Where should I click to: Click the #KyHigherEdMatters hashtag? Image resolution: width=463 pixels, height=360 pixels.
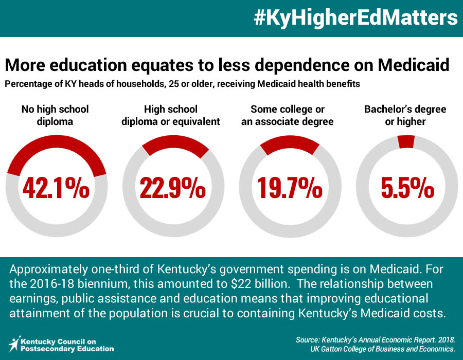[355, 19]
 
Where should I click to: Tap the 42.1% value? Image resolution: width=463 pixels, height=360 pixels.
[56, 188]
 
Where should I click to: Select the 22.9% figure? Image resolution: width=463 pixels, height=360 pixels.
[173, 188]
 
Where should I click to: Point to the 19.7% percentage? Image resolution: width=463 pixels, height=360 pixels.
[290, 188]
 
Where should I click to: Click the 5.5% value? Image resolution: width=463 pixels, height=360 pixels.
[407, 188]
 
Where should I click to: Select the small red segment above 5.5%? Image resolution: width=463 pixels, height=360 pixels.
[406, 141]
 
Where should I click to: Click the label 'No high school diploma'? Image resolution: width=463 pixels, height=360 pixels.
[55, 115]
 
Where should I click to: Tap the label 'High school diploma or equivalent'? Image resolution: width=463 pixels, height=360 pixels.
[171, 115]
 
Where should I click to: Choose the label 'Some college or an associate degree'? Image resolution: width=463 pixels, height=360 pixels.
[287, 115]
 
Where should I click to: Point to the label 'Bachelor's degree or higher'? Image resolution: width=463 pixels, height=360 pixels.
[405, 115]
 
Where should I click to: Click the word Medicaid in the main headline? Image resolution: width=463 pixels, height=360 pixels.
[414, 65]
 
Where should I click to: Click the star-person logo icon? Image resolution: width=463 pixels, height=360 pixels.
[14, 344]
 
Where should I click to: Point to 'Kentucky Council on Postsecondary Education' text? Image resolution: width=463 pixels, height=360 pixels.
[67, 345]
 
